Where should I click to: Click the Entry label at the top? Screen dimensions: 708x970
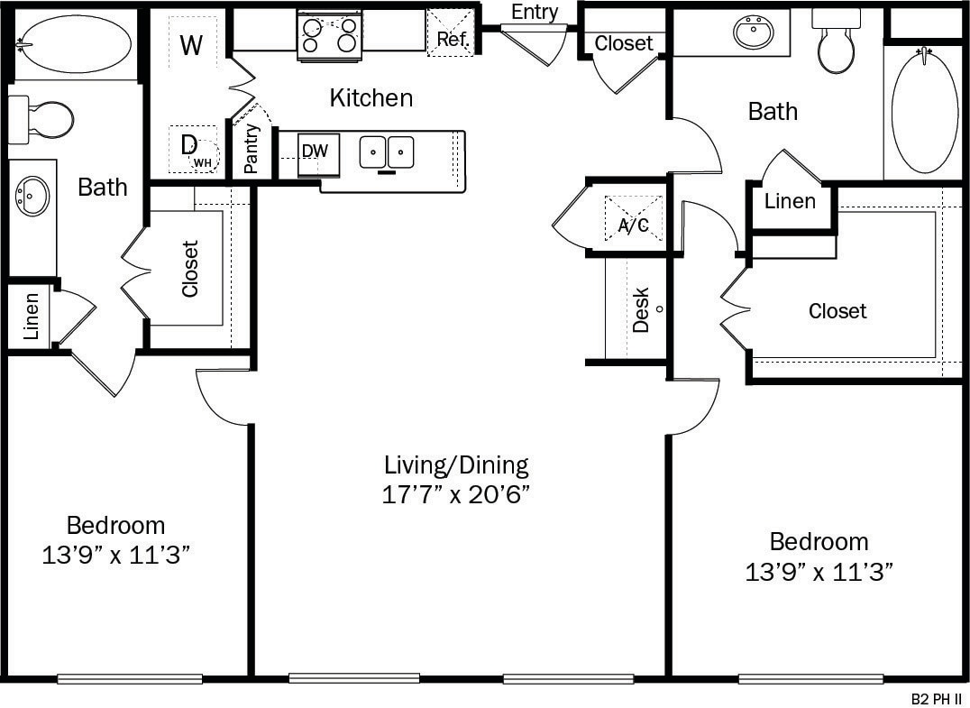click(535, 13)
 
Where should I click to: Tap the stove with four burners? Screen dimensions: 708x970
click(329, 36)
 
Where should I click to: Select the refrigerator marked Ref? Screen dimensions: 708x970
click(450, 33)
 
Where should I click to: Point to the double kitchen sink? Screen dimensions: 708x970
click(387, 152)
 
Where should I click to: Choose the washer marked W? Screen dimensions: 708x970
click(191, 44)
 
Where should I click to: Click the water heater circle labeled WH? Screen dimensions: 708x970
click(205, 159)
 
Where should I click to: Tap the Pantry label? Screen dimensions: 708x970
click(252, 148)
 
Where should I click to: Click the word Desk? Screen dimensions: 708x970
click(641, 309)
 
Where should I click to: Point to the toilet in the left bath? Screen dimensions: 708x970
click(43, 119)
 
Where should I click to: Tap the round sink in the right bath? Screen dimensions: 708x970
click(754, 33)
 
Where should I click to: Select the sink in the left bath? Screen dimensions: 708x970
click(32, 196)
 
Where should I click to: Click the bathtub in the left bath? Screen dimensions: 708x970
click(74, 43)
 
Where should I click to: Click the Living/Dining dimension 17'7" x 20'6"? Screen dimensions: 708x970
click(455, 494)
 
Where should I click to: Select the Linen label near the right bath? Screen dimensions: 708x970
click(790, 202)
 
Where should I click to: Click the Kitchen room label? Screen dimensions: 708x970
click(371, 97)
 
